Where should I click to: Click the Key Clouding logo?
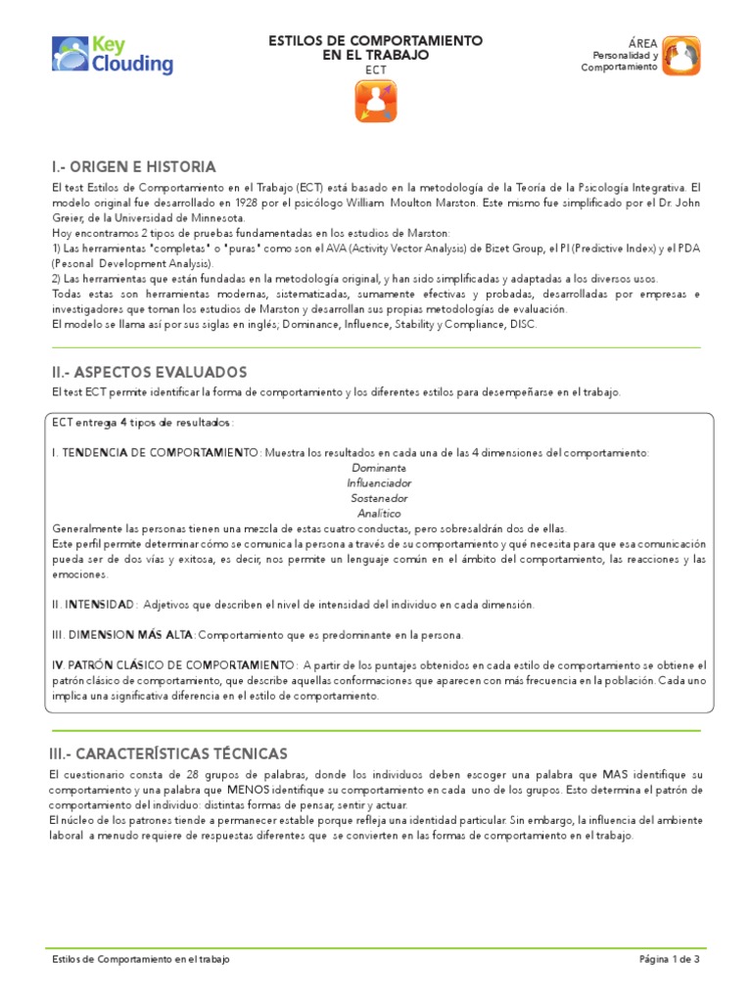113,56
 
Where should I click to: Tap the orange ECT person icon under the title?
376,101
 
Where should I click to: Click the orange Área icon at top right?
681,56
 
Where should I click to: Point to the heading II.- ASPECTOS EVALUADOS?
149,372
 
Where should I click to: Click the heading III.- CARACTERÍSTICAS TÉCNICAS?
169,753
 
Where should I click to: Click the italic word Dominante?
379,468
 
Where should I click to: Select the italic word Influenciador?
379,483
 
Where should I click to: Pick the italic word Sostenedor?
379,498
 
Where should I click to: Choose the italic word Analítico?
379,513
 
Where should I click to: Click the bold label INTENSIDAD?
100,605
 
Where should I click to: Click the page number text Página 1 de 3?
669,960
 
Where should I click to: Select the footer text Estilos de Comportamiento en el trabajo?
141,960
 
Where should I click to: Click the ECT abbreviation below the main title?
376,70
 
